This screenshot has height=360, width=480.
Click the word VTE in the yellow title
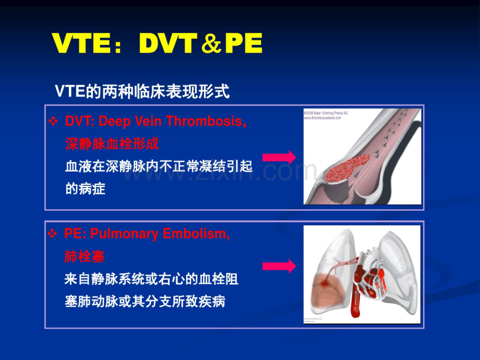(80, 45)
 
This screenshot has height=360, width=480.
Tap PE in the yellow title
(243, 45)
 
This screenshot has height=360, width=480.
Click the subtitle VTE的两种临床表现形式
(142, 92)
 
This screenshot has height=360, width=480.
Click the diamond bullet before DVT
(52, 122)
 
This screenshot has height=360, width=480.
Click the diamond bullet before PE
(52, 234)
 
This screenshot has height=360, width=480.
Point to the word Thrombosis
(212, 122)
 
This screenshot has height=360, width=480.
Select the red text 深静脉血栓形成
(112, 143)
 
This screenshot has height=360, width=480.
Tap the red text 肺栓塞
(85, 256)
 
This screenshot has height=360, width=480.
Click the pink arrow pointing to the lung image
(279, 267)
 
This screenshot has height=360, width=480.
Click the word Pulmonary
(121, 234)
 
